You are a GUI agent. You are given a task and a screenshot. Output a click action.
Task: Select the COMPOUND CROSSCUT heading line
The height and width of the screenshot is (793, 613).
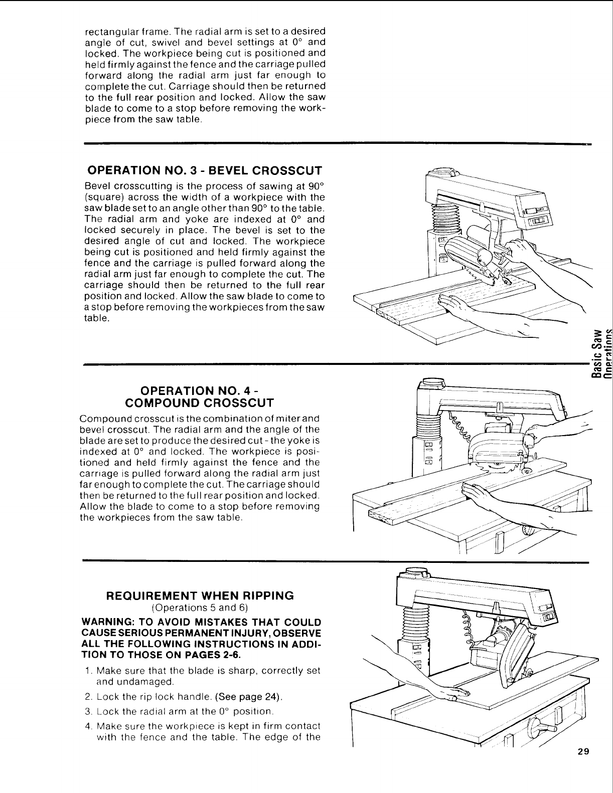[x=199, y=403]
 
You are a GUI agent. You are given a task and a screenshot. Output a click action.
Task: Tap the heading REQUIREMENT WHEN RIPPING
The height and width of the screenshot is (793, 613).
[x=200, y=596]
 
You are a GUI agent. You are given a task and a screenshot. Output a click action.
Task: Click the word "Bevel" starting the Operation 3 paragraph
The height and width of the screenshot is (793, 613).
[x=97, y=186]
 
